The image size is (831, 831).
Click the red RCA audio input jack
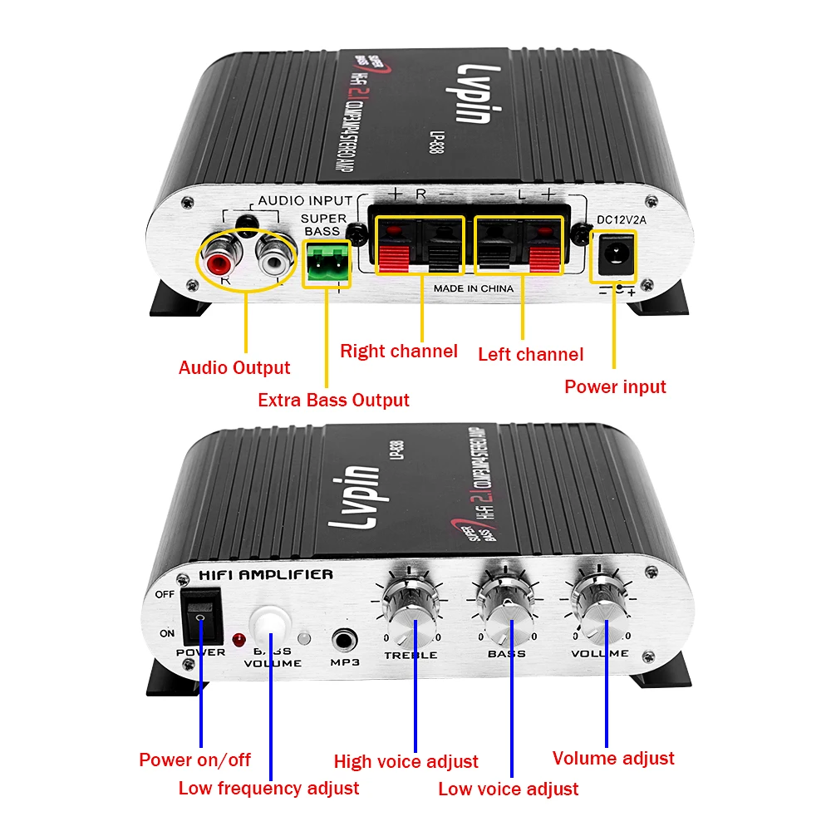pyautogui.click(x=219, y=263)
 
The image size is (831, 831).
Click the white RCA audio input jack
pyautogui.click(x=273, y=263)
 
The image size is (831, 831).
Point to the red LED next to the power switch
pyautogui.click(x=239, y=640)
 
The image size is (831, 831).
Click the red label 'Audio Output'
pyautogui.click(x=234, y=367)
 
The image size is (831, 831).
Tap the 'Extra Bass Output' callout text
pyautogui.click(x=333, y=400)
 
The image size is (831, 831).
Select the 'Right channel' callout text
pyautogui.click(x=399, y=351)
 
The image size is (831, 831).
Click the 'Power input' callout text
pyautogui.click(x=615, y=386)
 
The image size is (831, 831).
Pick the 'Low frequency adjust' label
pyautogui.click(x=268, y=788)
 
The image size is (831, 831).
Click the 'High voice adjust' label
pyautogui.click(x=406, y=761)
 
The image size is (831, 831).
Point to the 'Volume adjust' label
pyautogui.click(x=613, y=758)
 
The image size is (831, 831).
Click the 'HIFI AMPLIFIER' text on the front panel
pyautogui.click(x=266, y=574)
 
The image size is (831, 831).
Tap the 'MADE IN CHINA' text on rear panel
pyautogui.click(x=474, y=288)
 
